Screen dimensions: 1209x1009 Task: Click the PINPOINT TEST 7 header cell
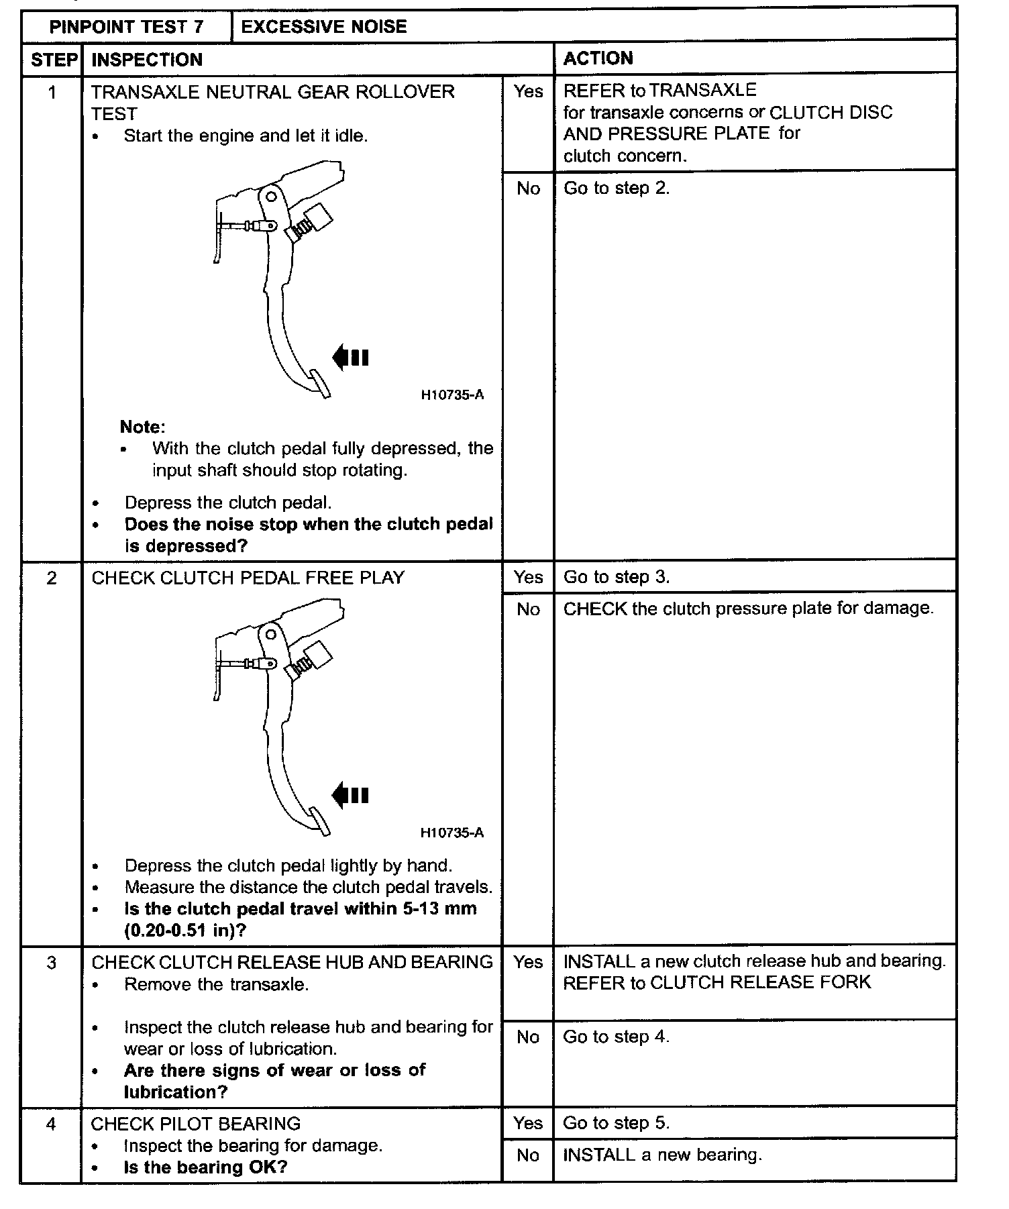126,28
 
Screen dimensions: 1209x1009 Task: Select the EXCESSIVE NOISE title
323,27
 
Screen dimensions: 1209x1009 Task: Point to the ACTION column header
598,58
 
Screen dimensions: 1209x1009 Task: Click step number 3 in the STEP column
52,963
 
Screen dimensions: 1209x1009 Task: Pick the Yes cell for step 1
528,91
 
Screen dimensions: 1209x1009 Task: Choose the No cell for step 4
528,1155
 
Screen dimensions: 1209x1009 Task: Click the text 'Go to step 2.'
616,189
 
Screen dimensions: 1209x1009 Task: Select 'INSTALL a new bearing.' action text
662,1155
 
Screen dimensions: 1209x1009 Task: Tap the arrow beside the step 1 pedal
350,358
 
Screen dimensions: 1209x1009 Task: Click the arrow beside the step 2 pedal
350,796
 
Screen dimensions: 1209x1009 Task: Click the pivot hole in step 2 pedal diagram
271,634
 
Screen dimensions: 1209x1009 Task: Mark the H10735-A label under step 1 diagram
452,395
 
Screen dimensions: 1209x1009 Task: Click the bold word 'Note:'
142,427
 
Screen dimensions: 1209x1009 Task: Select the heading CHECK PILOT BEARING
195,1124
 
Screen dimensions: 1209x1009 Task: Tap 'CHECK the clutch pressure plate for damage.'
748,609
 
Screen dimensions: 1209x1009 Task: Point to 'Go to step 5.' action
616,1123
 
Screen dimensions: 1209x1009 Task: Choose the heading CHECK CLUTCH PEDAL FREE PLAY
248,578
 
